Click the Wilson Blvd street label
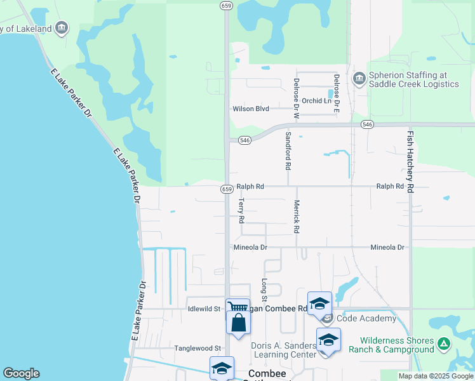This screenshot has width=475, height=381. coord(251,109)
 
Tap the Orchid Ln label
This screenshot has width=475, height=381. coord(317,101)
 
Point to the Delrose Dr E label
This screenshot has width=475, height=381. coord(337,93)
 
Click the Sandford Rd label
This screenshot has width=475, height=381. coord(288,150)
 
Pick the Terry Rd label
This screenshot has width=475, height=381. coord(241,210)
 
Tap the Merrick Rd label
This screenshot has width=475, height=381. coord(296,217)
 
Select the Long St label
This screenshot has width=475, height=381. coord(265,290)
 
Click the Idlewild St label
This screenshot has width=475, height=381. coord(203,309)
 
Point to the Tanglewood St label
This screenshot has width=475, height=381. coord(199,348)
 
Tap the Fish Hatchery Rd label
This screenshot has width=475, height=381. coord(410,162)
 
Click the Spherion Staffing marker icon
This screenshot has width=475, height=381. coord(359,78)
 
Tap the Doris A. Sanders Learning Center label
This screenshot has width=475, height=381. coord(284,350)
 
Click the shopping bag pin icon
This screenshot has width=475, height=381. coord(238,323)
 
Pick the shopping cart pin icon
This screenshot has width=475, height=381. coord(237,307)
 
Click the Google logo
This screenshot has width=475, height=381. coord(21,373)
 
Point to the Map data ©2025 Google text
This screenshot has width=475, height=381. coord(436,376)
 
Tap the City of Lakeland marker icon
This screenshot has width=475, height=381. coord(62,27)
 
